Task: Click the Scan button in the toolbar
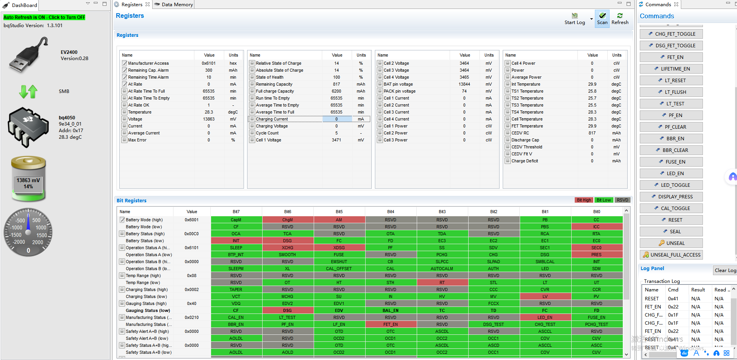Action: point(602,19)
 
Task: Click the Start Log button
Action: point(575,19)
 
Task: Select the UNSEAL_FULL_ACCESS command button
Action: point(671,255)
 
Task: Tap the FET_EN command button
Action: point(671,57)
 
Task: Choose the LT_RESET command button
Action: point(671,80)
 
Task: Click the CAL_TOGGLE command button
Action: point(671,208)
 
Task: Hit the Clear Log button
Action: point(725,270)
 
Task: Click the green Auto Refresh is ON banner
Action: point(44,17)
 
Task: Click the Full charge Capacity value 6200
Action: point(336,91)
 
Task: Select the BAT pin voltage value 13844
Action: point(464,84)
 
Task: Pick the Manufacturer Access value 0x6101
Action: point(209,63)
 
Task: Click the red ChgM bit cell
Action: point(288,220)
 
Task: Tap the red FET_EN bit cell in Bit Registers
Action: point(390,324)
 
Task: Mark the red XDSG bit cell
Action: point(339,248)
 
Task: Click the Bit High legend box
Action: point(584,200)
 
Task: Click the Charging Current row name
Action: point(272,119)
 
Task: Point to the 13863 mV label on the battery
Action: point(28,180)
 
